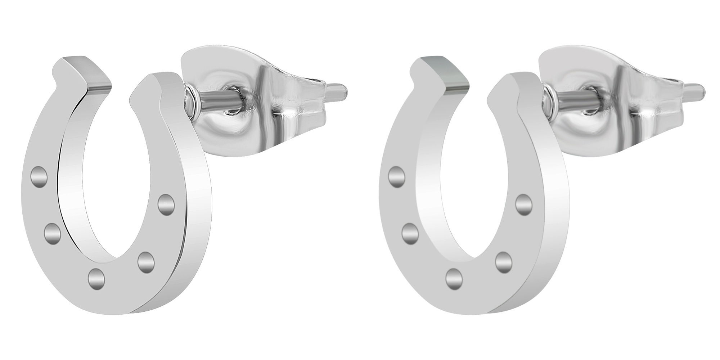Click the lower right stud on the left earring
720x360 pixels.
coord(146,262)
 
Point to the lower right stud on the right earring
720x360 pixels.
coord(504,262)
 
